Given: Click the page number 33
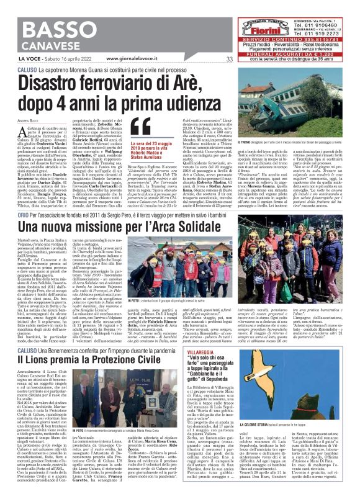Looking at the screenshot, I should (230, 59).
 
